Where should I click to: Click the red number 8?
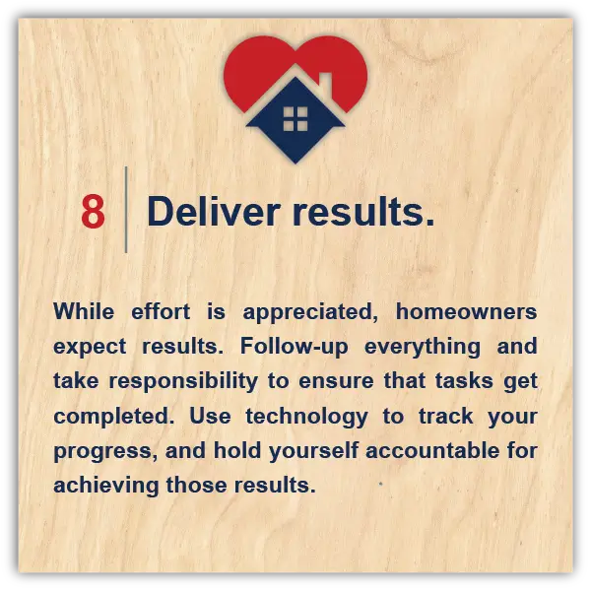click(x=94, y=212)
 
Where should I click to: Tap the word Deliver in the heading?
click(x=214, y=211)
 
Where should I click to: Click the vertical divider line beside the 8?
click(x=126, y=210)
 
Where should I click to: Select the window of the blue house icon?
click(x=295, y=119)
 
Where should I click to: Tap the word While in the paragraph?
click(x=84, y=311)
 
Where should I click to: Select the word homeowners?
click(x=466, y=311)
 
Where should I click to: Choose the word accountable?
click(x=432, y=451)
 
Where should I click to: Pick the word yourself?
click(x=313, y=451)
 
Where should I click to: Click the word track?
click(x=446, y=416)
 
